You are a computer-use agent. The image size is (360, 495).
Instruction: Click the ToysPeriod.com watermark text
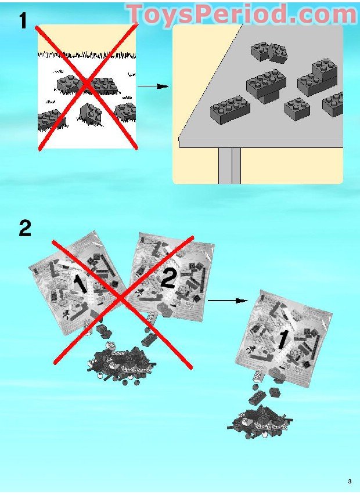[242, 14]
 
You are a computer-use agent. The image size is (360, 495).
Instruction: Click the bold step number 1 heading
[23, 21]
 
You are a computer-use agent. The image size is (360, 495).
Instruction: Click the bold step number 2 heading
[25, 228]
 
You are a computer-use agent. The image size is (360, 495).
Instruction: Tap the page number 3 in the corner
[350, 482]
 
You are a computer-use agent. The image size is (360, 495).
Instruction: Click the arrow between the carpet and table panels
[153, 86]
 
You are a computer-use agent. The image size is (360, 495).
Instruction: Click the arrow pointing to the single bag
[228, 301]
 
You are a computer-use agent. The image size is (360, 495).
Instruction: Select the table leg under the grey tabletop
[229, 165]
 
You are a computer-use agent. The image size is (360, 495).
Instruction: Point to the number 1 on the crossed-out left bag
[80, 284]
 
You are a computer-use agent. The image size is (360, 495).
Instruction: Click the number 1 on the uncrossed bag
[282, 339]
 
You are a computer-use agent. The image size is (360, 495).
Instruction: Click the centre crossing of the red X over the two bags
[122, 299]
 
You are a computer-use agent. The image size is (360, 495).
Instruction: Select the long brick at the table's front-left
[230, 109]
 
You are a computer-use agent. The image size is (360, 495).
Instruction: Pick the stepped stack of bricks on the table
[318, 77]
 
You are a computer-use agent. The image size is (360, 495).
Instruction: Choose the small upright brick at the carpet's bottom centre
[91, 113]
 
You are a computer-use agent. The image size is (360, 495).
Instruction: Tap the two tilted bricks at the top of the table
[270, 52]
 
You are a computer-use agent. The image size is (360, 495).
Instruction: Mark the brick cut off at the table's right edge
[333, 104]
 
